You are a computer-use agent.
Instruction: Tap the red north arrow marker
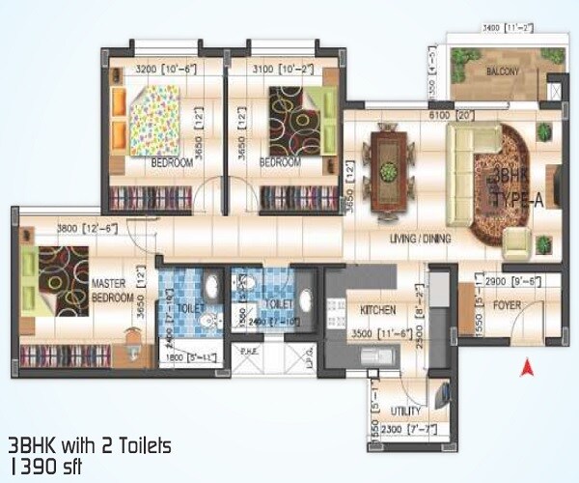[527, 367]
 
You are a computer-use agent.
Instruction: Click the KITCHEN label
[377, 310]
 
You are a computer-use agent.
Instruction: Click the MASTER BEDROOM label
[112, 291]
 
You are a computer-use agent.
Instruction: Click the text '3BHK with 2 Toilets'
[89, 445]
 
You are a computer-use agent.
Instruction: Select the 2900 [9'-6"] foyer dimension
[510, 281]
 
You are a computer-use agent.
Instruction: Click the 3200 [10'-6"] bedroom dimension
[167, 71]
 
